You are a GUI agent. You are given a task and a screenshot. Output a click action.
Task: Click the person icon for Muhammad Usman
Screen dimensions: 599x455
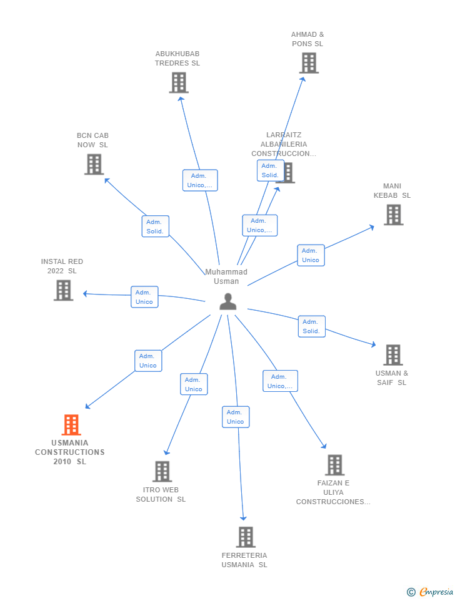coord(228,301)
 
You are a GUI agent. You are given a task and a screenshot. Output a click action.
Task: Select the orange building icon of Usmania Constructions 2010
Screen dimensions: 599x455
coord(71,425)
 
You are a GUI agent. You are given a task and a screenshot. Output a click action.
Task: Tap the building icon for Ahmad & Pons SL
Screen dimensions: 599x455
coord(309,63)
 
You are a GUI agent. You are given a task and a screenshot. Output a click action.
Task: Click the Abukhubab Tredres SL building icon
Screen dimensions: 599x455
coord(179,82)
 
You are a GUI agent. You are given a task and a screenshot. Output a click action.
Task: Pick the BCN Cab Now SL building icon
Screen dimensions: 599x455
coord(94,164)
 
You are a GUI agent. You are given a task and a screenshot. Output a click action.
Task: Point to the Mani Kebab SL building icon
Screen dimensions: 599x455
coord(393,215)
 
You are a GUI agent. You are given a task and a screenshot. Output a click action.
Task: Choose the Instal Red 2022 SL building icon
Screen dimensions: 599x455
coord(63,290)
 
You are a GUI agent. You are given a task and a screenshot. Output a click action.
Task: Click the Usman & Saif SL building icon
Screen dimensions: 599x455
coord(392,355)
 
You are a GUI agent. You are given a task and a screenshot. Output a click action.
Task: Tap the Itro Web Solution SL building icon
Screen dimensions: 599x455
coord(162,472)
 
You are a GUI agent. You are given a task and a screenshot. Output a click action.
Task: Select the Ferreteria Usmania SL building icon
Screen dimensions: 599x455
coord(246,537)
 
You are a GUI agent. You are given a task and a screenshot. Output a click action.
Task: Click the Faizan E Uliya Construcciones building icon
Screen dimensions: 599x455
coord(334,465)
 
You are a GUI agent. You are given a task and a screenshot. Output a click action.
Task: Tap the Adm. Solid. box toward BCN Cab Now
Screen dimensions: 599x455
coord(155,226)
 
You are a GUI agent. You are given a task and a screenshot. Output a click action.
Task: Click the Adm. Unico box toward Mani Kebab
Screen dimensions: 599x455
coord(311,255)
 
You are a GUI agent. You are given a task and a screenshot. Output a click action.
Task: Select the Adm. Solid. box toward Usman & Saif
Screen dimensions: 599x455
coord(311,326)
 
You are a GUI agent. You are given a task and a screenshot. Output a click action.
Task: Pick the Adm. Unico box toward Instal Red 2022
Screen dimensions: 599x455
coord(144,297)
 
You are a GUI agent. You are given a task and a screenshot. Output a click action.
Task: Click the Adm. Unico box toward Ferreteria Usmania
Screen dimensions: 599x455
coord(236,417)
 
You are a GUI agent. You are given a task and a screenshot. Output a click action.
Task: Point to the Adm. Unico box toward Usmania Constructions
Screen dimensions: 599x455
coord(148,361)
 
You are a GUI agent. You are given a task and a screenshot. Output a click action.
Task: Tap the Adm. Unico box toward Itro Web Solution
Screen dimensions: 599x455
coord(194,384)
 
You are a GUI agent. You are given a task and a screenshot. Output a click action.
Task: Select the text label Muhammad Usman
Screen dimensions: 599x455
coord(226,276)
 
